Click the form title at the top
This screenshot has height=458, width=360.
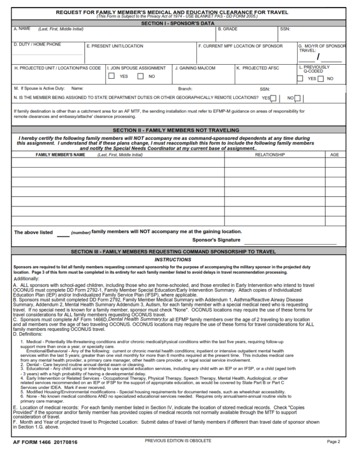(172, 12)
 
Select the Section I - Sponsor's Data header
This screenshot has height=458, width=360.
(178, 23)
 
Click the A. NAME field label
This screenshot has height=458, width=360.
(22, 29)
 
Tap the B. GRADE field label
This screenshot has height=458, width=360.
(228, 29)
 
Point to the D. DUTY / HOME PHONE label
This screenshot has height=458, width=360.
(37, 45)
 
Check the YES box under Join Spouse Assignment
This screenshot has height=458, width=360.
(112, 76)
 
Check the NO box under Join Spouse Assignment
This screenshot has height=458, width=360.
(140, 76)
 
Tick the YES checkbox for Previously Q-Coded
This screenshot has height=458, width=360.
(300, 78)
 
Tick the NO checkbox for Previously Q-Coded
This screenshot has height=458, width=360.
(321, 78)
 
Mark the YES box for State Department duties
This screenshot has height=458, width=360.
(273, 98)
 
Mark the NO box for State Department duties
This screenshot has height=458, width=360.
(298, 98)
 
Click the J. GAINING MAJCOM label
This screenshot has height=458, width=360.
(195, 68)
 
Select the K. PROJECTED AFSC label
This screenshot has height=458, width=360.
(257, 68)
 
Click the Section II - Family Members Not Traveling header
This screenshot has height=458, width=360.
(176, 130)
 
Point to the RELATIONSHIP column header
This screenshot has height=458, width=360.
(270, 154)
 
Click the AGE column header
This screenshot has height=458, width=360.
(335, 154)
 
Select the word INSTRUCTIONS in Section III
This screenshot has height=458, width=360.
(173, 260)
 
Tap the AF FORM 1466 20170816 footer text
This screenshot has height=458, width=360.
(45, 442)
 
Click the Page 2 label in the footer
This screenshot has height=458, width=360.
(333, 442)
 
